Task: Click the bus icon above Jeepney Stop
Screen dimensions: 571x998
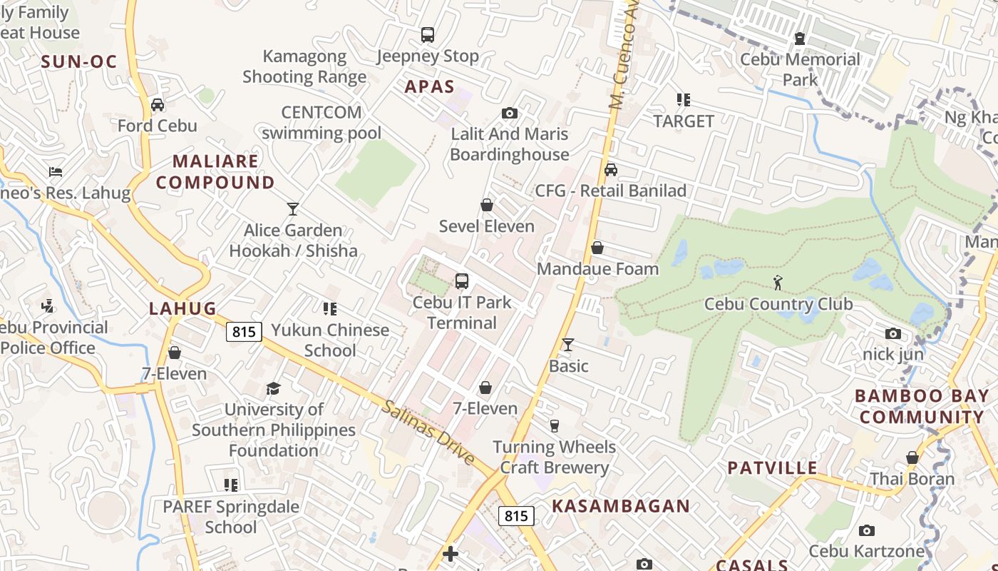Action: coord(428,34)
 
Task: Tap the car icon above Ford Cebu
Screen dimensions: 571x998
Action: coord(158,105)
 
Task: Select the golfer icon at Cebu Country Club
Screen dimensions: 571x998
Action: coord(778,283)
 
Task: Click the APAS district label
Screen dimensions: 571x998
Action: coord(430,87)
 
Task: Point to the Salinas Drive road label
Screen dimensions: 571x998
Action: coord(428,433)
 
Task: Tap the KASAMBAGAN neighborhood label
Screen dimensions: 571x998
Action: coord(621,506)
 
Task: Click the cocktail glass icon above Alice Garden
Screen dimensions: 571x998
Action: coord(292,209)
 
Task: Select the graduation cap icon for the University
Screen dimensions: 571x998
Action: coord(273,388)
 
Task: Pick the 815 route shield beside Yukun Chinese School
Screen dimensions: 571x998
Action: coord(244,331)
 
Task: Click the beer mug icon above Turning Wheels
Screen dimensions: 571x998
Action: coord(555,426)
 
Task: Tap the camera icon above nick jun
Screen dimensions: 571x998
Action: coord(892,333)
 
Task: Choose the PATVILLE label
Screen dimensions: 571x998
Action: coord(772,468)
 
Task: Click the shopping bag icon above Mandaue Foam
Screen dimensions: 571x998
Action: coord(597,248)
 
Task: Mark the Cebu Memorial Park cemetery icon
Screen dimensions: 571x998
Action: coord(800,38)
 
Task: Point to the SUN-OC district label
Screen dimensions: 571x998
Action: coord(78,62)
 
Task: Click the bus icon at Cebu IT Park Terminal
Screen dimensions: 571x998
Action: coord(462,281)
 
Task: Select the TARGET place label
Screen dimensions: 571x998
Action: coord(684,121)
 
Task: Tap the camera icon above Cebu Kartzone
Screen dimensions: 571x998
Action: coord(867,530)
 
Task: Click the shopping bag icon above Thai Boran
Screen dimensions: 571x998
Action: coord(912,458)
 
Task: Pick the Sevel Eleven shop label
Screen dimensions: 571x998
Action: coord(487,226)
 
